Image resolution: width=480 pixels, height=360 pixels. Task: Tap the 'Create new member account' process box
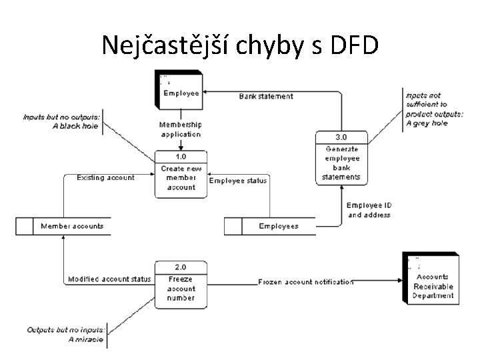[181, 175]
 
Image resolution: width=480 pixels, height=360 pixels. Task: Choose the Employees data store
[270, 227]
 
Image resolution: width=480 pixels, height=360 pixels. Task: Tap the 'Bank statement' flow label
[265, 97]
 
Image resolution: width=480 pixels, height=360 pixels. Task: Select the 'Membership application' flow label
[180, 129]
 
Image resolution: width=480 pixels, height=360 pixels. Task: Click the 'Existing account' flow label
[105, 177]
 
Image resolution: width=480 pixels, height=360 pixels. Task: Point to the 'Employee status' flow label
[238, 181]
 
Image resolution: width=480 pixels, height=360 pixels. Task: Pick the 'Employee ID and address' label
[368, 210]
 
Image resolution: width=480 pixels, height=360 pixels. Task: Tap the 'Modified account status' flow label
[109, 279]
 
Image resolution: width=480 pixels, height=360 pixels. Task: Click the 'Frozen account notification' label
[306, 282]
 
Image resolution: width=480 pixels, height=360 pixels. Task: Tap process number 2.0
[180, 267]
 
